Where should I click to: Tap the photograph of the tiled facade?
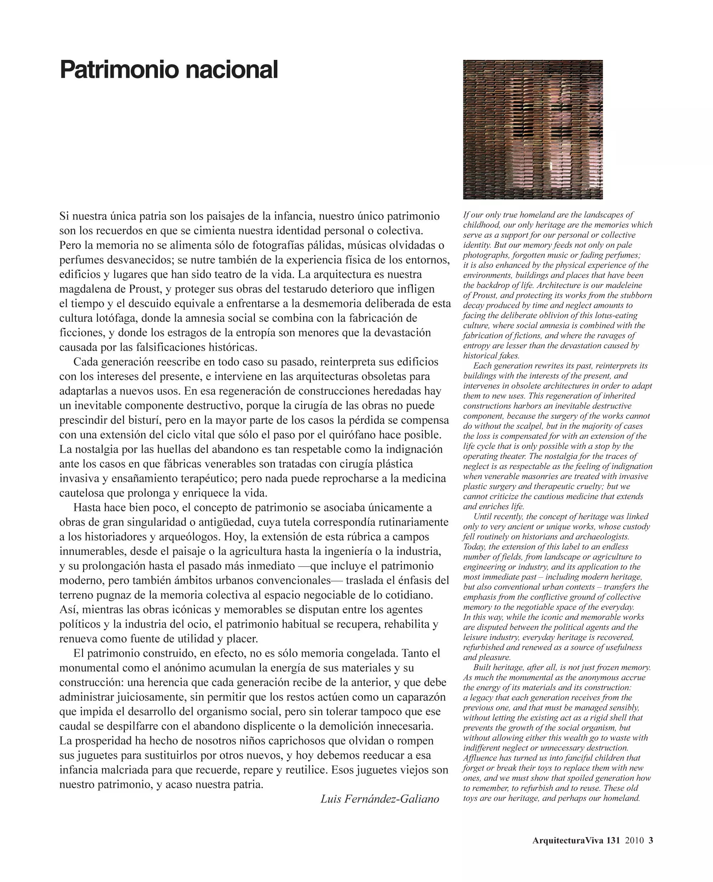click(533, 129)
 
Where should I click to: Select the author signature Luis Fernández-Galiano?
click(380, 799)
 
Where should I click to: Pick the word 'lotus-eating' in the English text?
click(616, 316)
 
